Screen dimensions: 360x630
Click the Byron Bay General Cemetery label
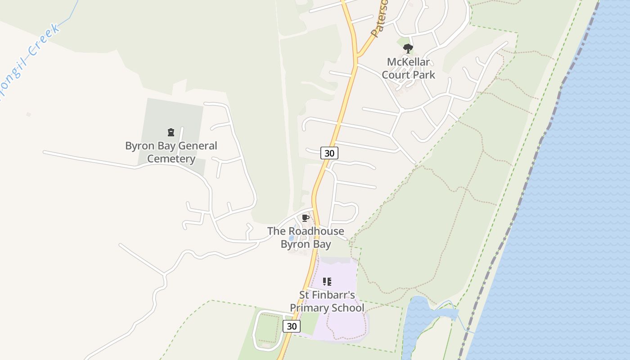171,152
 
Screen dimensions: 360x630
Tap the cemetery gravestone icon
171,132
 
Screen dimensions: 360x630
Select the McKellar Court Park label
408,68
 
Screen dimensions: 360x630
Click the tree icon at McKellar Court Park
408,48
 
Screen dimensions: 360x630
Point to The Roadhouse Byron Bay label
306,238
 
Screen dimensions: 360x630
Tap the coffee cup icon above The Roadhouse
306,218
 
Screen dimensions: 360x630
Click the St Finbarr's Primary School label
327,301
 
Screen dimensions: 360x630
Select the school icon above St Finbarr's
327,282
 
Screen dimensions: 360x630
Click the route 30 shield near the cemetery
329,153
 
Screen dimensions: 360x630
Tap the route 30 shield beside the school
292,326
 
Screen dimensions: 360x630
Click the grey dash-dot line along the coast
531,180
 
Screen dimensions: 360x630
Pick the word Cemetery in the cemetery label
171,159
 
